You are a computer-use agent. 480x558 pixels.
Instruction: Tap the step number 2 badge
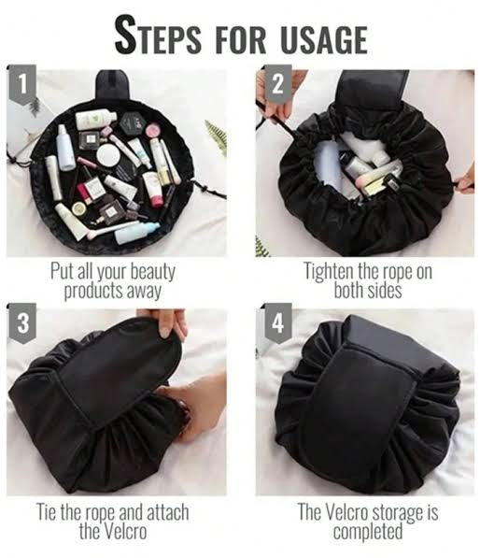[276, 85]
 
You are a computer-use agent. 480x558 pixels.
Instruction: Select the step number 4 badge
[276, 324]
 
